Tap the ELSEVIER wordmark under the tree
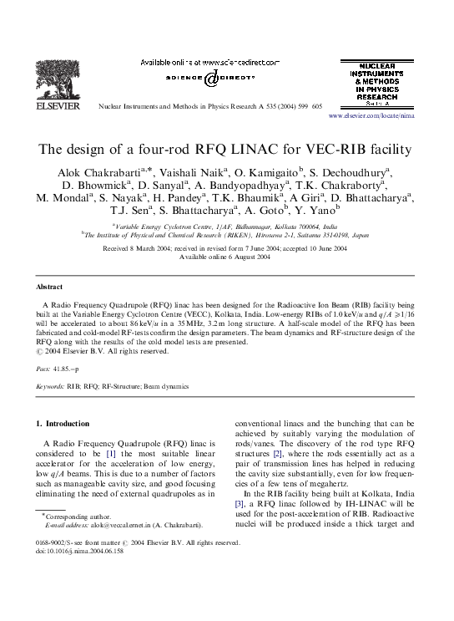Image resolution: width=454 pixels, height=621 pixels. [x=55, y=107]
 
